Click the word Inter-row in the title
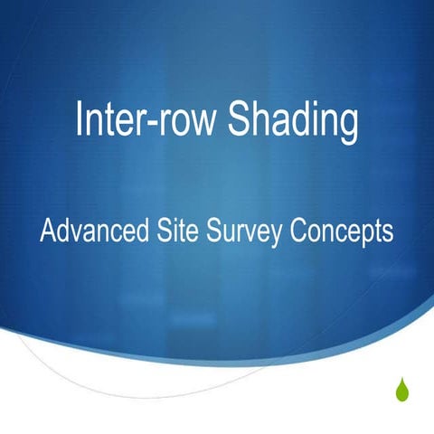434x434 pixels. (x=146, y=122)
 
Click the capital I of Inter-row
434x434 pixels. (x=80, y=121)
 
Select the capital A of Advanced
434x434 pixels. (x=47, y=231)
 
